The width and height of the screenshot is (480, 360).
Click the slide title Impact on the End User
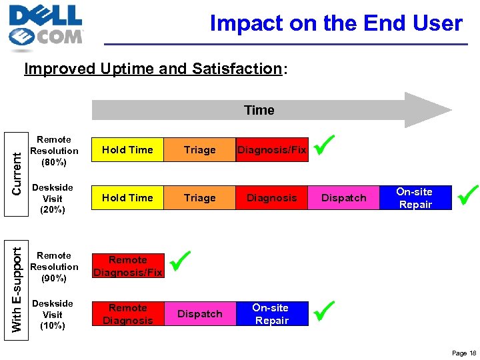[336, 23]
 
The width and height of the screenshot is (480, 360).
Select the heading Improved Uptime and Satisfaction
[153, 69]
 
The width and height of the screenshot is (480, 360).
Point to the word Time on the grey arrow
[259, 110]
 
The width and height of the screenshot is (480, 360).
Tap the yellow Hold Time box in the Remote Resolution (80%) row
[127, 150]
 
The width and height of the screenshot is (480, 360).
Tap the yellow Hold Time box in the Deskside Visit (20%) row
[127, 198]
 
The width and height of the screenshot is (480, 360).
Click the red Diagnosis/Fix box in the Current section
[272, 150]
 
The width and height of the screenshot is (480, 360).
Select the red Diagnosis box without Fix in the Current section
[272, 198]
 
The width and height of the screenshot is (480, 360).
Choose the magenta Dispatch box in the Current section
[344, 198]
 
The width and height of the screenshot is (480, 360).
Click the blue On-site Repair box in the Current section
[415, 198]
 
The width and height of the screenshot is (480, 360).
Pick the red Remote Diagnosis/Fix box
[127, 266]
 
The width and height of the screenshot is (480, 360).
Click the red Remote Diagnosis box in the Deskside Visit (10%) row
[127, 314]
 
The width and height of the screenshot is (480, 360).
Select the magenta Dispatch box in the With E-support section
[200, 314]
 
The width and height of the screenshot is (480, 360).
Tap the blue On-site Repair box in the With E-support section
[272, 314]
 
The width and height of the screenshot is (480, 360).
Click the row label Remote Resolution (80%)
[54, 151]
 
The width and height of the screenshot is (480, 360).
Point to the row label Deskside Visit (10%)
[52, 314]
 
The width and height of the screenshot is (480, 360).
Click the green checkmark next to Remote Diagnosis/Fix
[180, 261]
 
